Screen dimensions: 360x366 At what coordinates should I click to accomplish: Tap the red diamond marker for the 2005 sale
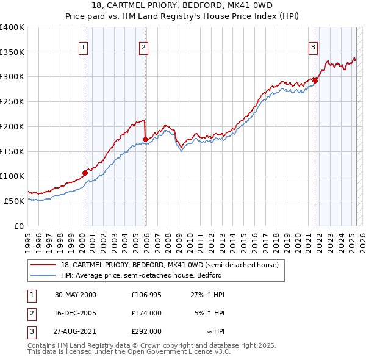coord(145,139)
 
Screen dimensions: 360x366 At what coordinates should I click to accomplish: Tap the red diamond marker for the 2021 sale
coord(315,80)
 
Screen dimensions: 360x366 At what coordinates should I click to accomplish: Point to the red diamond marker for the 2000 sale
coord(85,173)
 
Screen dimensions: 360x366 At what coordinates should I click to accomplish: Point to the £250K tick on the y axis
coord(12,101)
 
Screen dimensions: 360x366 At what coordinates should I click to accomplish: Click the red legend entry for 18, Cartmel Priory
coord(170,265)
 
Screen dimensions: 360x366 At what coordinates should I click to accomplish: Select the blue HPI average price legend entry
coord(141,276)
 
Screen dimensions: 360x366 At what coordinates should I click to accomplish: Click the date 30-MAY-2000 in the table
coord(76,295)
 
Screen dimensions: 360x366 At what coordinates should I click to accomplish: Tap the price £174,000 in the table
coord(146,313)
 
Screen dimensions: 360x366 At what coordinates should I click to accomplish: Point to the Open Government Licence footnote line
coord(129,353)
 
